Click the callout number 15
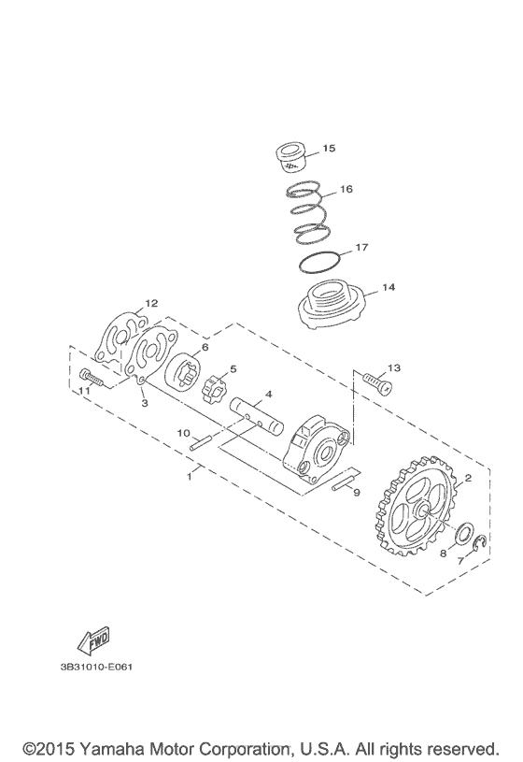(329, 148)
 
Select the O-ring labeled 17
(318, 263)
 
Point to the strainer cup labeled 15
(290, 157)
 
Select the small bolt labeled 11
(91, 377)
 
